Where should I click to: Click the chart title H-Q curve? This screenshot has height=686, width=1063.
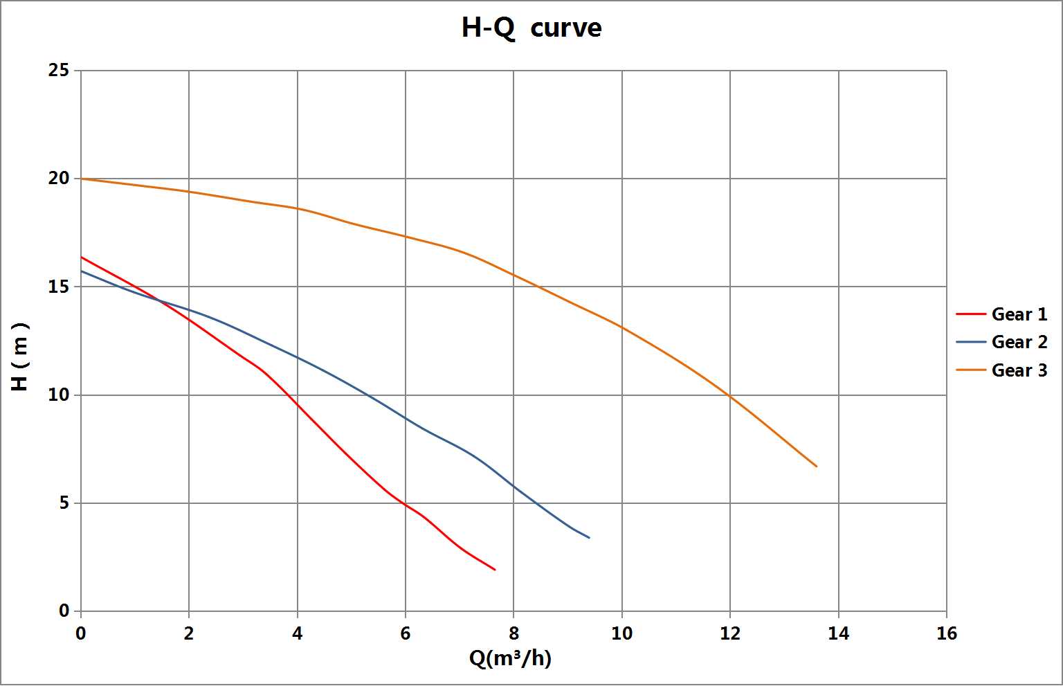pos(531,28)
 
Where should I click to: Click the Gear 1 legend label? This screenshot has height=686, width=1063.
pos(1019,314)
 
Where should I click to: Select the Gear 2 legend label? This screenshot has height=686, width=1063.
pos(1019,342)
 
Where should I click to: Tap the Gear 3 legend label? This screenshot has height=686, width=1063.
pos(1019,370)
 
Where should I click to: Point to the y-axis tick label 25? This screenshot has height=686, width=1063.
pos(58,71)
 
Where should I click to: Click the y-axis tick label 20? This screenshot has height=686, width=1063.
pos(58,179)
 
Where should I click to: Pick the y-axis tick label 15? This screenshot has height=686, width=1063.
pos(58,287)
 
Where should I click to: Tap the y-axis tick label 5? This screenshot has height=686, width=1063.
pos(64,503)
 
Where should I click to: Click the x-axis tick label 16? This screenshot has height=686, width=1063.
pos(947,633)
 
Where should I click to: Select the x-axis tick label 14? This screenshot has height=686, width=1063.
pos(839,633)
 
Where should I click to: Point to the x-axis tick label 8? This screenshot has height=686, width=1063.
pos(514,633)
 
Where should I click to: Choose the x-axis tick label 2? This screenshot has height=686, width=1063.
pos(189,633)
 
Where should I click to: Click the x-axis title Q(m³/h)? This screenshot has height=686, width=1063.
pos(510,658)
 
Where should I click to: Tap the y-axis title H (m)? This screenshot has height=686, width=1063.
pos(20,357)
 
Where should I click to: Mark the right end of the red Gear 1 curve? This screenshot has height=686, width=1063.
pos(496,570)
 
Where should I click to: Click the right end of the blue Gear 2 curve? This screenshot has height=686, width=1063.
pos(590,538)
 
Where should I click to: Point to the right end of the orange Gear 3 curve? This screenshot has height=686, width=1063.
pos(817,466)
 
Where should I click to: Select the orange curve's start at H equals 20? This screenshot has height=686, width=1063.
pos(81,179)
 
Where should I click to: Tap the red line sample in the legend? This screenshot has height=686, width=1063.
pos(971,314)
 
